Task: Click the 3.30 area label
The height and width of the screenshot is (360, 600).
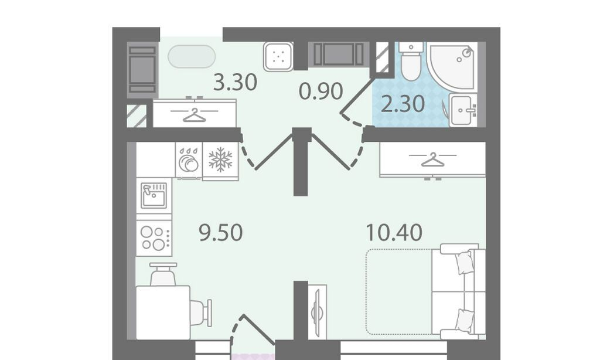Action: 234,82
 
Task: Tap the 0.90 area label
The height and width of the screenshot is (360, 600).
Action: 321,91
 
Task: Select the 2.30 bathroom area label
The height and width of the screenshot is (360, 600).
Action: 403,104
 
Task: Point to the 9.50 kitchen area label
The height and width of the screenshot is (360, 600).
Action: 221,232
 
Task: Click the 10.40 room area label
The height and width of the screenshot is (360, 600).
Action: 394,232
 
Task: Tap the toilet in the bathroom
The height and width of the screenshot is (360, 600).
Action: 411,62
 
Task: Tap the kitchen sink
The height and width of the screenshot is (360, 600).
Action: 154,195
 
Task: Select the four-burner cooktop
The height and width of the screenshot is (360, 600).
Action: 154,238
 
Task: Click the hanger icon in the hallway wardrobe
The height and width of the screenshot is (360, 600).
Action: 195,115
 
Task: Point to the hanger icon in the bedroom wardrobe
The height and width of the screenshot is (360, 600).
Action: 433,159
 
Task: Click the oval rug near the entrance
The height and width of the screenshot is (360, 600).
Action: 192,56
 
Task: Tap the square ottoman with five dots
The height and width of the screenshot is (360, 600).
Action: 278,56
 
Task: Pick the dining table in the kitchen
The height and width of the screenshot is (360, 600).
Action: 163,313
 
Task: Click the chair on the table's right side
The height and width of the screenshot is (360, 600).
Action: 201,313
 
